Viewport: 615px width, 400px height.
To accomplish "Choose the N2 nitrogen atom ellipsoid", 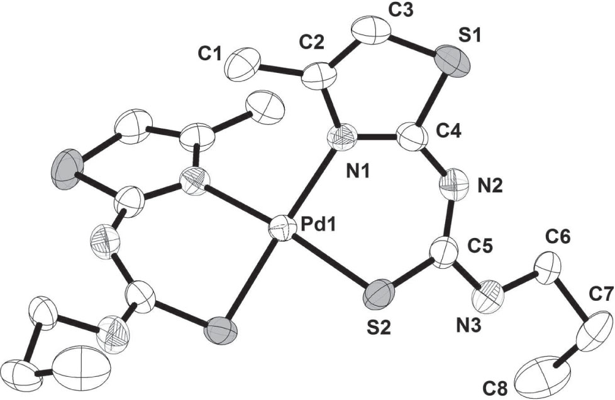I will point(454,186).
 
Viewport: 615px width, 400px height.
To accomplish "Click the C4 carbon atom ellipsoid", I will point(410,136).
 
